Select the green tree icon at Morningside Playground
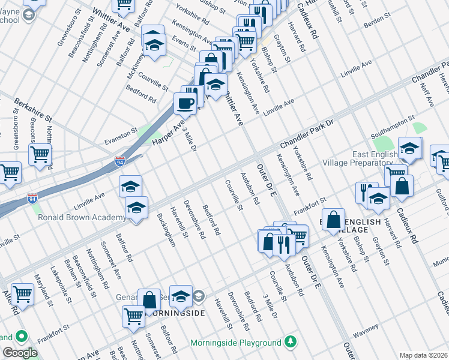coord(291,342)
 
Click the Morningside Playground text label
coord(235,343)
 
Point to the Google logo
coord(20,353)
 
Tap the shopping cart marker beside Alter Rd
coord(22,295)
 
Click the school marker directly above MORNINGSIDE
coord(181,296)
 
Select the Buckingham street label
coord(166,229)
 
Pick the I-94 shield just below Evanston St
coord(120,161)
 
